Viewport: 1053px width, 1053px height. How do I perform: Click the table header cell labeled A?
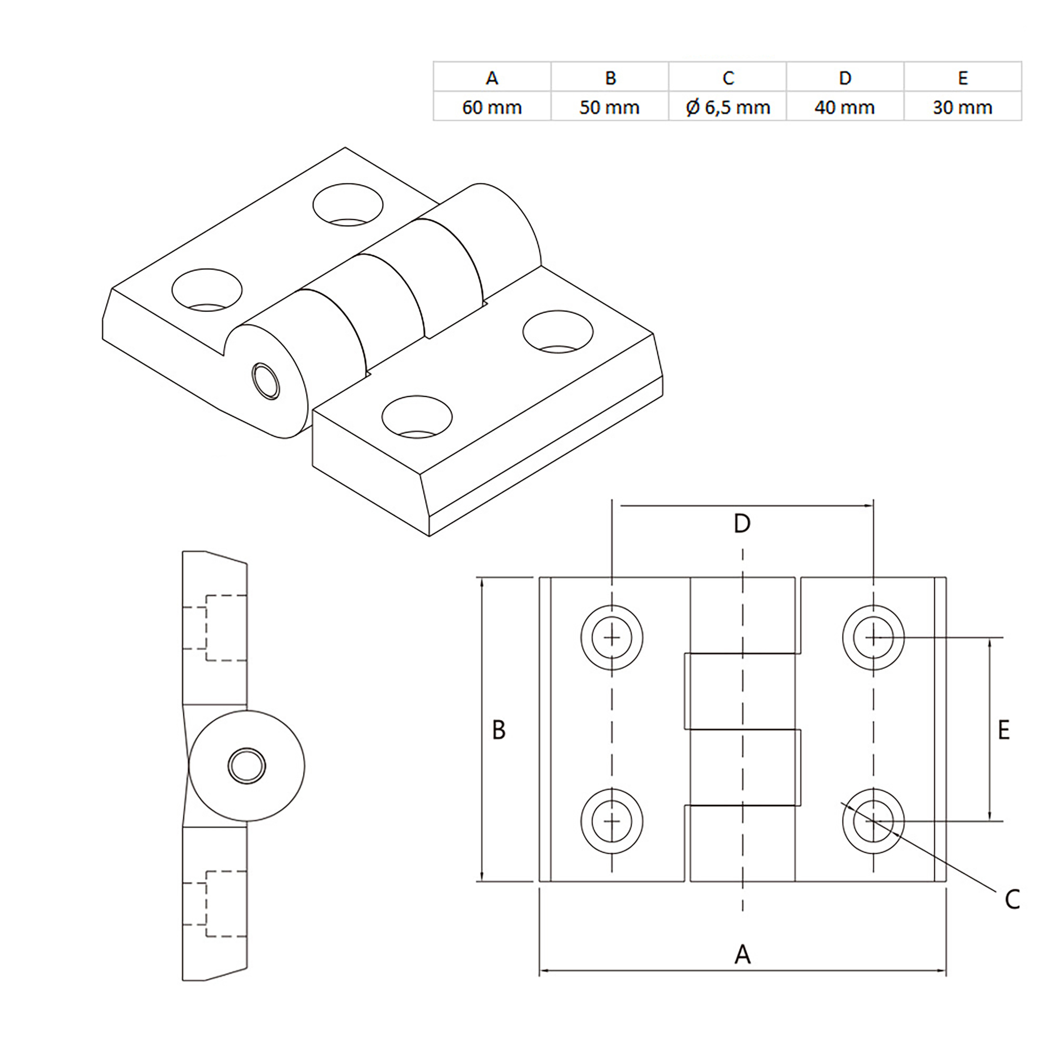click(492, 78)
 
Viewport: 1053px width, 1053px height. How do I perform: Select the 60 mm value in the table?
click(492, 107)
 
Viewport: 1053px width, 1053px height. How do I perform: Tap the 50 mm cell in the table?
click(609, 107)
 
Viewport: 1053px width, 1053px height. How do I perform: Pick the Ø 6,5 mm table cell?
click(727, 107)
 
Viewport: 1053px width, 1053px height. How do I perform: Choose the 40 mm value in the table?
click(845, 107)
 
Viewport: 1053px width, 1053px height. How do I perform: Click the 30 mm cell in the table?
click(962, 107)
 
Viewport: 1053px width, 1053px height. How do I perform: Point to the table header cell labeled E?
click(962, 78)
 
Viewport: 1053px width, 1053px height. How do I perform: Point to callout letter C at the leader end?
click(1012, 900)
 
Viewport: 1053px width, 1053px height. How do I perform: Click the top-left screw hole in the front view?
click(612, 638)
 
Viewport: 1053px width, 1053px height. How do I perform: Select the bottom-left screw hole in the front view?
click(612, 821)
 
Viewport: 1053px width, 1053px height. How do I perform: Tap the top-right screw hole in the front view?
click(873, 638)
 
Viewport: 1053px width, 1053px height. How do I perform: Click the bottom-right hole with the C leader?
click(873, 821)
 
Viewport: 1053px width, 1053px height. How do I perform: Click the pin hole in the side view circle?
click(247, 766)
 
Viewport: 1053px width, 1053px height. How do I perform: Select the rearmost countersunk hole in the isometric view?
click(348, 204)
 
